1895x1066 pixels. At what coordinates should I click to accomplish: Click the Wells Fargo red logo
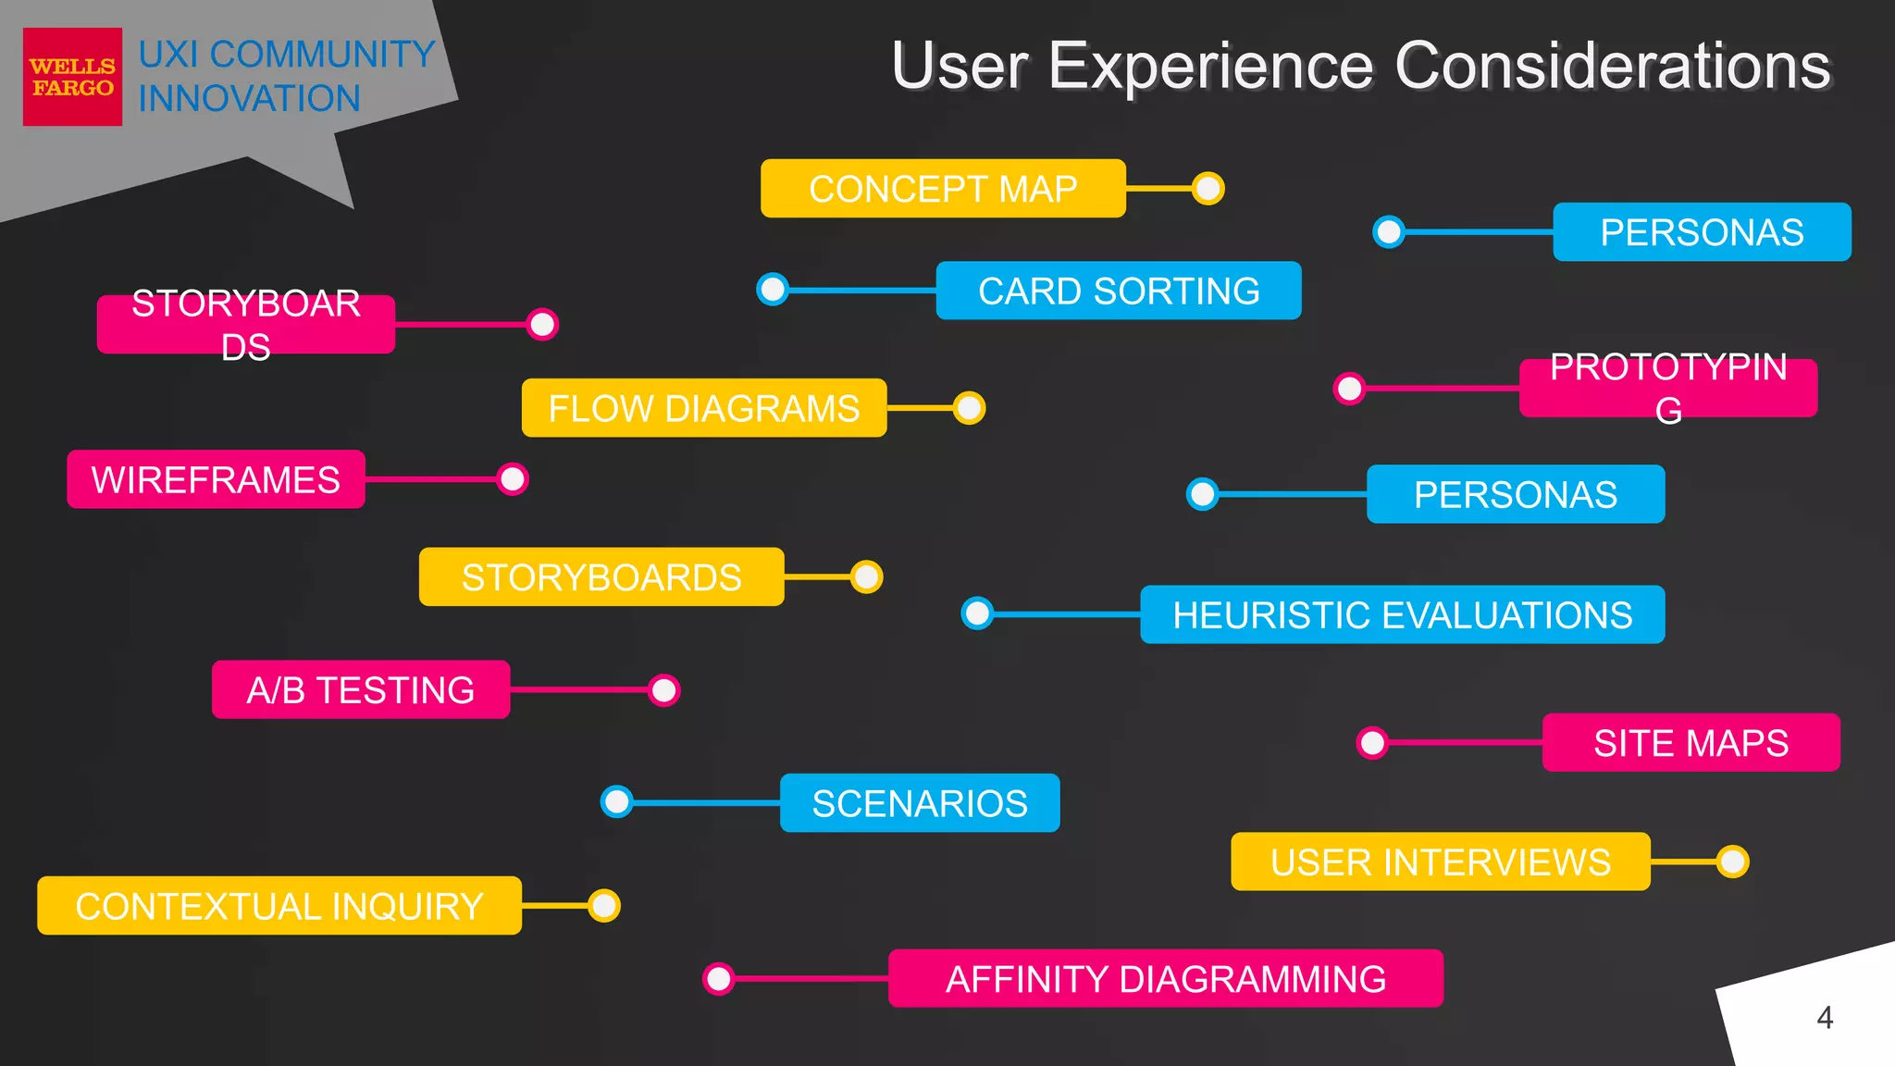coord(72,77)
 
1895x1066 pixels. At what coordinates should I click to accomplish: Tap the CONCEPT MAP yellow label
coord(942,189)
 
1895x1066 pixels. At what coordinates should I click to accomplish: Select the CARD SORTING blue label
coord(1118,291)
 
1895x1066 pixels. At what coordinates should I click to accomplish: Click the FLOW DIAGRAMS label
coord(703,408)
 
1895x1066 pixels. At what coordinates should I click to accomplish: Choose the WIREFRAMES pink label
coord(216,479)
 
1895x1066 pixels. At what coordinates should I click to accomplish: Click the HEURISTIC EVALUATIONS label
coord(1402,614)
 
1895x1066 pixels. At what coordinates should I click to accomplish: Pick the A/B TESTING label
coord(360,689)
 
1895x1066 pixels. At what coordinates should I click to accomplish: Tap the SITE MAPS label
coord(1691,742)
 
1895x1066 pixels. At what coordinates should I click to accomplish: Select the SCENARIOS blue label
coord(919,803)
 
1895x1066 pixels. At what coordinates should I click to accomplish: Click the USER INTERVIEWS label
coord(1440,861)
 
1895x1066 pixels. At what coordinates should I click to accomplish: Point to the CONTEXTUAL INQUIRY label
coord(279,906)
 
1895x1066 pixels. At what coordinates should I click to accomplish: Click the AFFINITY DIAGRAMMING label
coord(1165,978)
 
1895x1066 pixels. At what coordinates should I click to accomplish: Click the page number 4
coord(1824,1018)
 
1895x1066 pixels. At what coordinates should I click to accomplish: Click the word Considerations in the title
coord(1612,67)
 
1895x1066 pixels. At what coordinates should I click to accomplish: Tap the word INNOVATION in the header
coord(249,99)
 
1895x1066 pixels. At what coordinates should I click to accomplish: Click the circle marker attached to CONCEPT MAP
coord(1208,189)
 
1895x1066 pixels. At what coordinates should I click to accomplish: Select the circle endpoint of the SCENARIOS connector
coord(617,801)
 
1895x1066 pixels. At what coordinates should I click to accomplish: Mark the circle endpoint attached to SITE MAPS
coord(1372,742)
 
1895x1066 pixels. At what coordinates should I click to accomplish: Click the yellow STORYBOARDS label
coord(601,577)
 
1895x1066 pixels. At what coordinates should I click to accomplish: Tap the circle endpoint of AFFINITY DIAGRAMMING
coord(719,978)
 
